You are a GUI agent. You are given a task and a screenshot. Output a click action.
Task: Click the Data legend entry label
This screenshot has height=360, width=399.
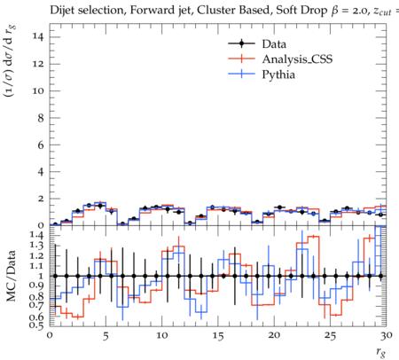tap(274, 44)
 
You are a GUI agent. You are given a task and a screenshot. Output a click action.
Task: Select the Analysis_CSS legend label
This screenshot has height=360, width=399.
tap(297, 59)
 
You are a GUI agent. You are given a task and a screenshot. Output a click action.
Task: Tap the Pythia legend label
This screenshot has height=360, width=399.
tap(278, 74)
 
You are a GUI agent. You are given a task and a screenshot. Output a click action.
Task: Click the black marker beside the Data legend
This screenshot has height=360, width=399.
tap(241, 43)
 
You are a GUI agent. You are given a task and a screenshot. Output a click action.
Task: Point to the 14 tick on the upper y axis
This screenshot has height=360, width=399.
tap(39, 37)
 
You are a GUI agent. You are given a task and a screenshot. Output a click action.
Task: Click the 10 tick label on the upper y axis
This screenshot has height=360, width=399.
tap(39, 91)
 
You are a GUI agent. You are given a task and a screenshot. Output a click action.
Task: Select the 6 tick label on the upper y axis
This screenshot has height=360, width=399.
tap(41, 145)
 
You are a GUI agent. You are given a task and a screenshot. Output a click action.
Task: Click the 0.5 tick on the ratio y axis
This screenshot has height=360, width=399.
tap(37, 325)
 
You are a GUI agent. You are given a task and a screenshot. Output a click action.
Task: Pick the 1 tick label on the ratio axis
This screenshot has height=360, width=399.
tap(42, 276)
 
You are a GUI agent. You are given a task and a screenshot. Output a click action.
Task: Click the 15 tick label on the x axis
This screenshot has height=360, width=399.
tap(218, 336)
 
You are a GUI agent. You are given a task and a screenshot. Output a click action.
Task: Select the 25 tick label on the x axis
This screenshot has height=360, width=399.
tap(330, 336)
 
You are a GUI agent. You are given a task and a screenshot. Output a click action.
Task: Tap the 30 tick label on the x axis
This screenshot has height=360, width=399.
tap(386, 336)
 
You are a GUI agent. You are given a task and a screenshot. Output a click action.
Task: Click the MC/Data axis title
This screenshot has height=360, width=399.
tap(12, 276)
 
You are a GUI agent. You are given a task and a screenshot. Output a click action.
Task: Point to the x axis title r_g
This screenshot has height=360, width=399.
tap(381, 353)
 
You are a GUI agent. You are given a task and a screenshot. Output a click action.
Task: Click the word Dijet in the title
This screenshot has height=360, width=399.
tap(62, 11)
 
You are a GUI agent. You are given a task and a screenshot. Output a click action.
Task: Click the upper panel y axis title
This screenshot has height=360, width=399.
tap(10, 61)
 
